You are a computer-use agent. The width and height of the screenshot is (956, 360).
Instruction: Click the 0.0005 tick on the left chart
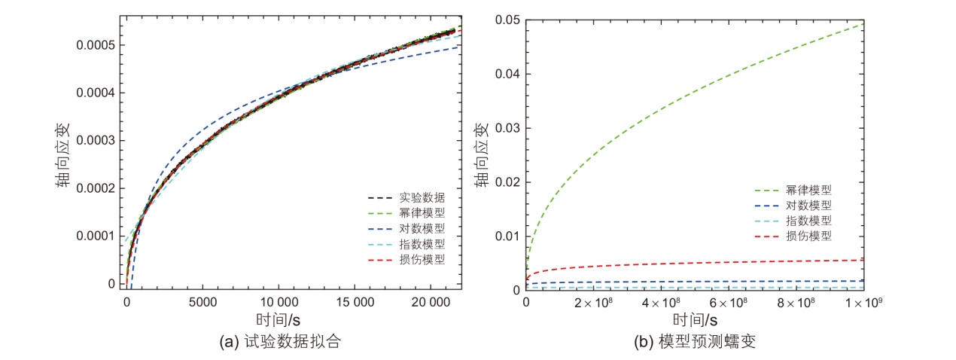click(x=95, y=45)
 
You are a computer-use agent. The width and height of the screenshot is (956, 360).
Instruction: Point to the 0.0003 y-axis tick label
click(x=95, y=141)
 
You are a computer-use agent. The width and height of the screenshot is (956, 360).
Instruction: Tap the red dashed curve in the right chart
click(x=677, y=263)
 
